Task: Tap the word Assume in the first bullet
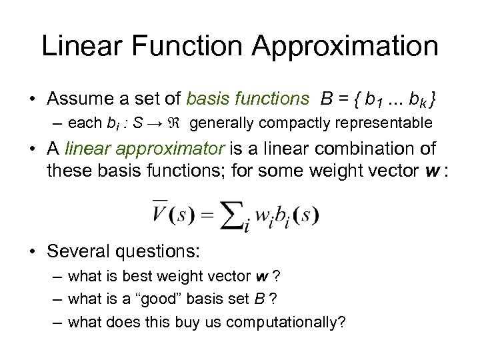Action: click(x=80, y=99)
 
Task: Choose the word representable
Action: click(x=381, y=123)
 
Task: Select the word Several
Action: click(x=78, y=251)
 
